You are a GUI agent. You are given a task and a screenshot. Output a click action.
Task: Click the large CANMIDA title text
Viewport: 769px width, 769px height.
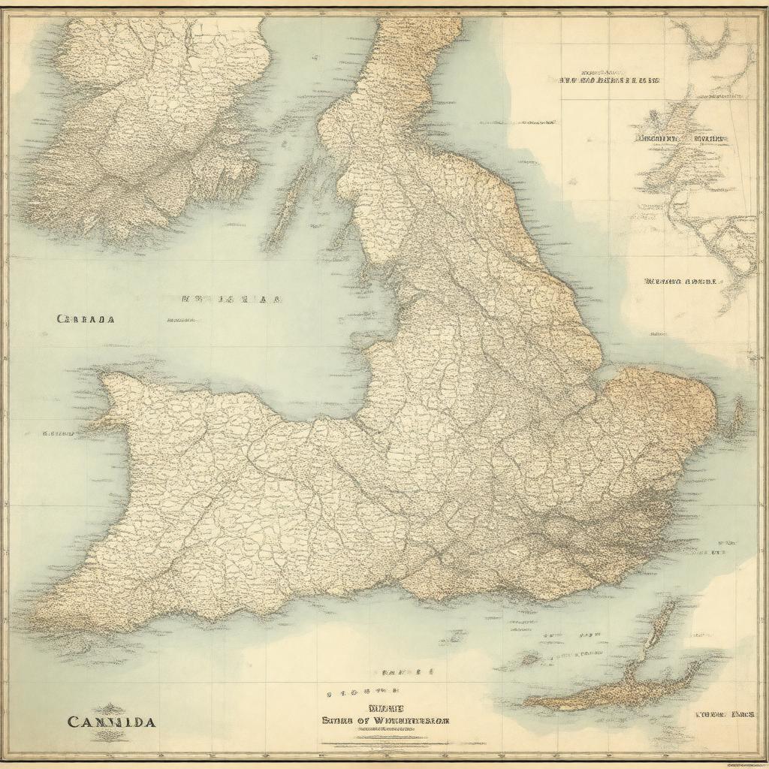pyautogui.click(x=111, y=722)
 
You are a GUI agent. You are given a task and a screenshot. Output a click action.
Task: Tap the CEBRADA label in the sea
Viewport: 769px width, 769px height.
pyautogui.click(x=86, y=318)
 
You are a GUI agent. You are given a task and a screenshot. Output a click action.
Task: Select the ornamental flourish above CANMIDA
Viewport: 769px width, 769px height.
pyautogui.click(x=111, y=707)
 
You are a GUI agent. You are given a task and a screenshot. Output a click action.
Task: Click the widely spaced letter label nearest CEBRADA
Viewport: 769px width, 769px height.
pyautogui.click(x=231, y=299)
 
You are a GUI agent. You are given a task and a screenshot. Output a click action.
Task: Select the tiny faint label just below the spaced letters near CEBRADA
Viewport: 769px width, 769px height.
pyautogui.click(x=180, y=320)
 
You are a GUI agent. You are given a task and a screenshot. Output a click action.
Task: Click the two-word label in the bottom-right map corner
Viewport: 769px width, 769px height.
pyautogui.click(x=724, y=714)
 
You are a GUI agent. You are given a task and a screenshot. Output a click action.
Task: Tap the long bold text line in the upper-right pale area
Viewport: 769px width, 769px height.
pyautogui.click(x=610, y=80)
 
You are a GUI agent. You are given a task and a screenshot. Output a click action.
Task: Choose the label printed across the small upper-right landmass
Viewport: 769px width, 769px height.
pyautogui.click(x=681, y=139)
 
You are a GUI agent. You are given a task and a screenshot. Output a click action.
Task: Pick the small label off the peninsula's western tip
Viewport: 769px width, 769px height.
pyautogui.click(x=58, y=433)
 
